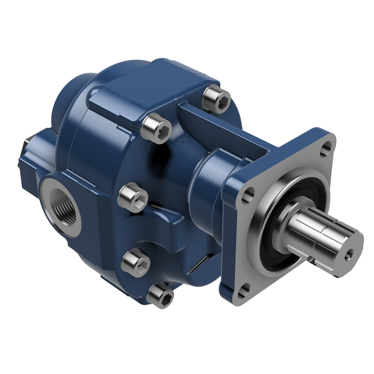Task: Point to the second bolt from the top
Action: tap(156, 128)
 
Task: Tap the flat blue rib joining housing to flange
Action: tap(224, 125)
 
